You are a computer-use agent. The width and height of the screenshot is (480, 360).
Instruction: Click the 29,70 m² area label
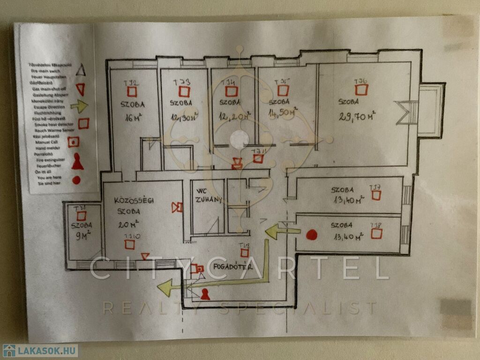coord(357,115)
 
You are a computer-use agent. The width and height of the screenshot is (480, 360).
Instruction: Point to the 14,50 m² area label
coord(281,114)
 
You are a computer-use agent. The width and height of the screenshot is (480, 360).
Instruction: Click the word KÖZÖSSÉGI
coord(134,202)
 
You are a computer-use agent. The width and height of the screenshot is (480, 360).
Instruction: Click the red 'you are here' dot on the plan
coord(312,235)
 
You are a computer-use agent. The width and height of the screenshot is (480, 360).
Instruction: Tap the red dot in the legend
coord(76,180)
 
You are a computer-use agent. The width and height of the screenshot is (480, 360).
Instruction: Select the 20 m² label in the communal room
coord(131,223)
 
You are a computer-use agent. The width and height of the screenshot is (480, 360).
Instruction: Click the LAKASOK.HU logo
coord(40,351)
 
